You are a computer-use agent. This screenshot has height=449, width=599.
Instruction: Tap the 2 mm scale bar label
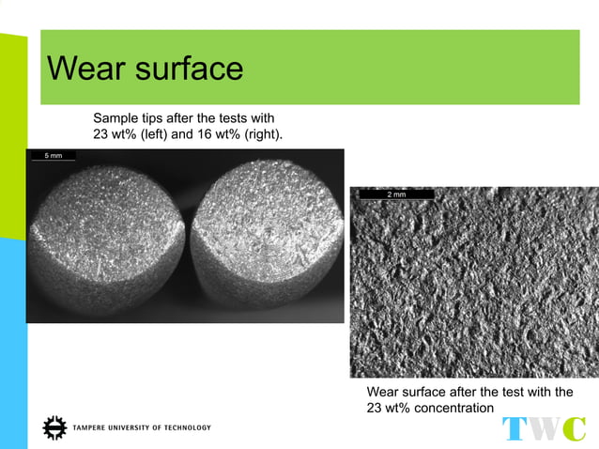coord(396,194)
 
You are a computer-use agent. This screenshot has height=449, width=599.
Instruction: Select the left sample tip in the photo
coord(106,239)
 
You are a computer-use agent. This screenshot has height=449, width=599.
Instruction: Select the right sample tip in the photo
coord(266,239)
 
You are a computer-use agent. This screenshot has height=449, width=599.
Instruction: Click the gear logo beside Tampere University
coord(55,427)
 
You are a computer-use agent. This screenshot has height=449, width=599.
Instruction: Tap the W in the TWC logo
coord(544,429)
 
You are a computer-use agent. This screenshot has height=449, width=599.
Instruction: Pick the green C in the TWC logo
coord(574,429)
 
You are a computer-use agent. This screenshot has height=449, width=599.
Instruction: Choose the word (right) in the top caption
coord(259,135)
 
